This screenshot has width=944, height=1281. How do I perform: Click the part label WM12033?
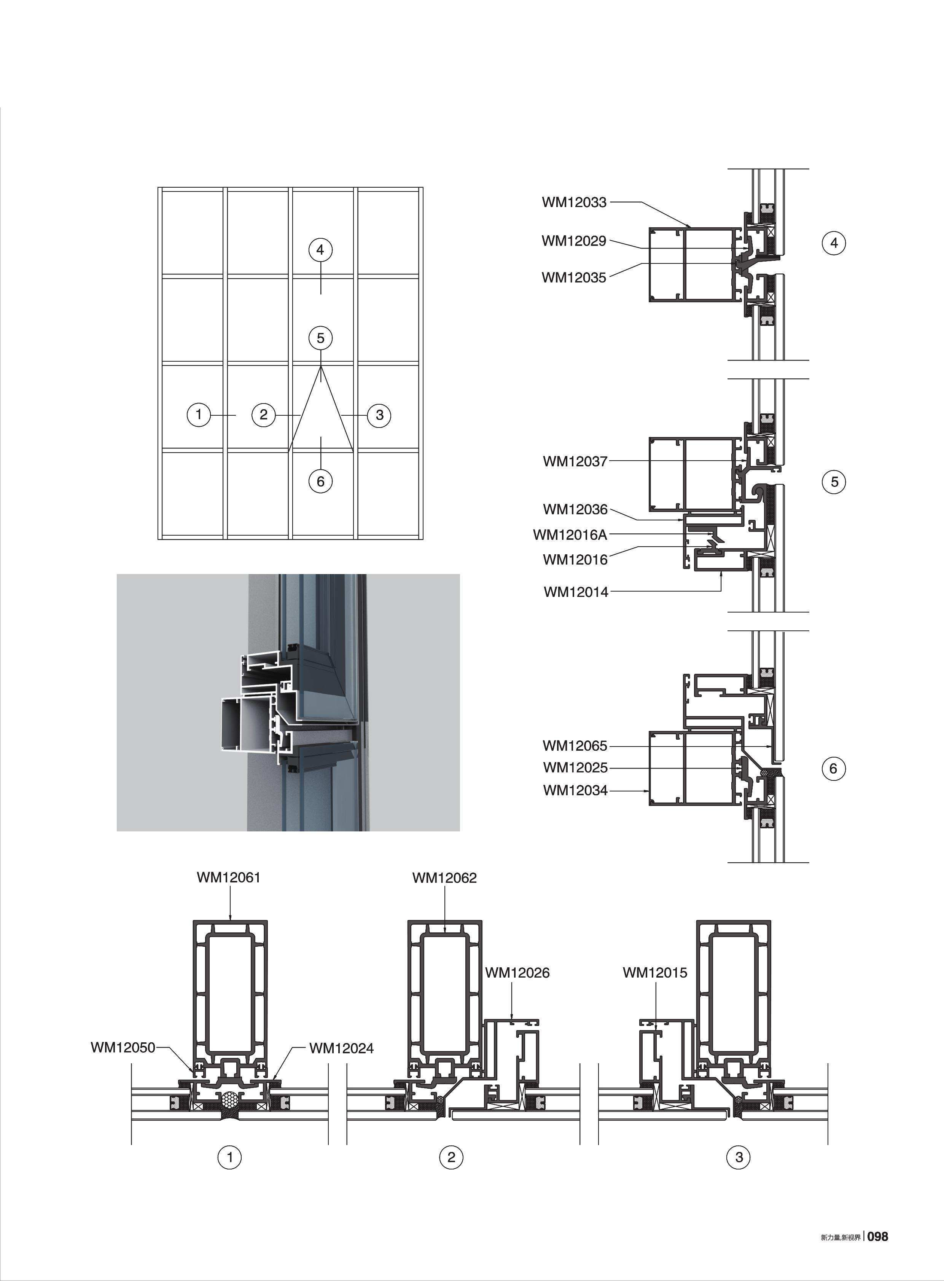coord(574,203)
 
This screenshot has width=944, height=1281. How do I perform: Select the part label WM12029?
coord(574,241)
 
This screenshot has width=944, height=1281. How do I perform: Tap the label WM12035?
coord(574,278)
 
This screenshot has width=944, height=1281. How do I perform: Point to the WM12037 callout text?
coord(575,461)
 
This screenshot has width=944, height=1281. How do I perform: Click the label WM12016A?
coord(570,535)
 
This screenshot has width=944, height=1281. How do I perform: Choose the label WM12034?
coord(575,791)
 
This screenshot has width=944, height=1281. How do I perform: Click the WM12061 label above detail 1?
coord(229,877)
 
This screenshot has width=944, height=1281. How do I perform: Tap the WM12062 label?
coord(444,878)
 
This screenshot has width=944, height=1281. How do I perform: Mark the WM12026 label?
coord(517,973)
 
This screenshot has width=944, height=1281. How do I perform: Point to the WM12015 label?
coord(655,973)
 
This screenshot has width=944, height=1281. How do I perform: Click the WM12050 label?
coord(123,1048)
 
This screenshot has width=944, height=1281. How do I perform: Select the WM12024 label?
coord(341,1048)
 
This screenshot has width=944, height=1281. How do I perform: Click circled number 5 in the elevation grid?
coord(321,338)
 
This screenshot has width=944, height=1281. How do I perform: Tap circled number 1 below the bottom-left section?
coord(230,1158)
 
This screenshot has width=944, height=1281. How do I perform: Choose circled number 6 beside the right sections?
coord(833,769)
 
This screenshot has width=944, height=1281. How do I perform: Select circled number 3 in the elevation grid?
coord(379,415)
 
